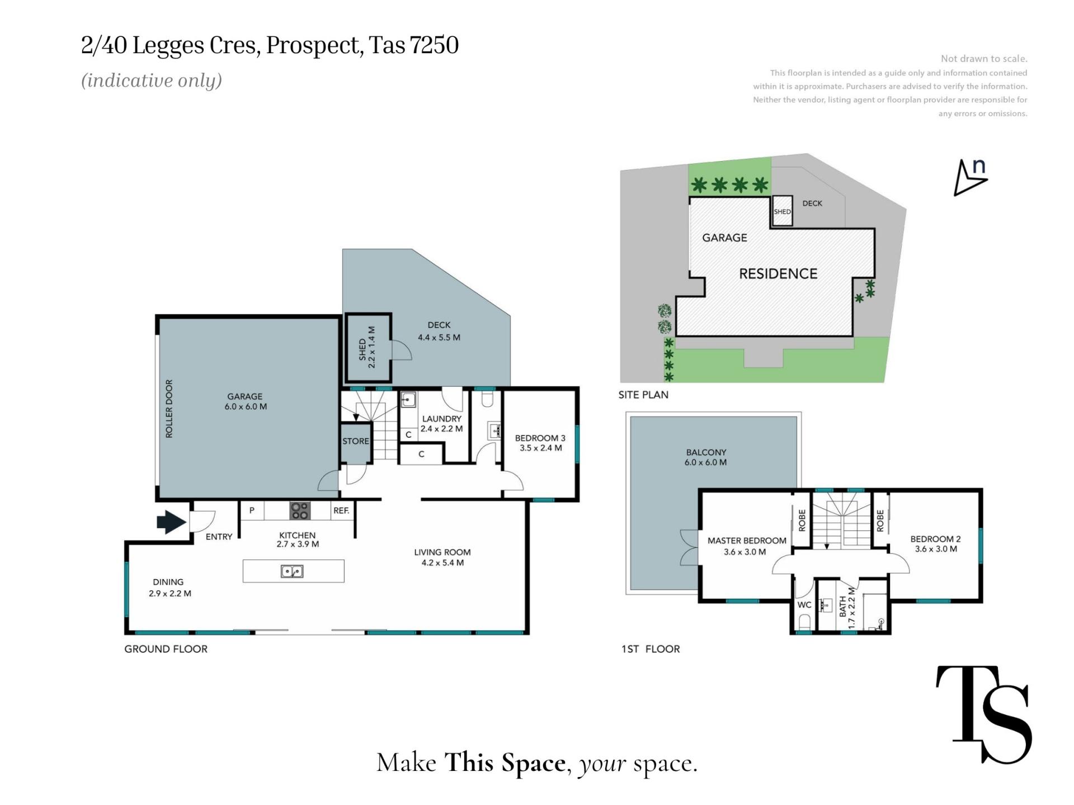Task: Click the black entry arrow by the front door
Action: tap(171, 522)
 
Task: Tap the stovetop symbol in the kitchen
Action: tap(300, 510)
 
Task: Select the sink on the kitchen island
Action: tap(292, 571)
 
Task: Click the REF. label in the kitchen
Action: tap(341, 510)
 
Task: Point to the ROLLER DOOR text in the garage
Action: tap(169, 409)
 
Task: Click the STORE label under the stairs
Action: tap(356, 441)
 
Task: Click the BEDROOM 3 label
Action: tap(540, 438)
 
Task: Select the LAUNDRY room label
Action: tap(442, 419)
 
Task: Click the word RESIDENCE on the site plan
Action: tap(778, 273)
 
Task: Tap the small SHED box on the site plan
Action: tap(782, 211)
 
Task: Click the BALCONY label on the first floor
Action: tap(706, 452)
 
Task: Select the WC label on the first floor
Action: tap(804, 605)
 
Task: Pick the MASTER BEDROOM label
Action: tap(747, 541)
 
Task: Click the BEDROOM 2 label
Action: tap(935, 539)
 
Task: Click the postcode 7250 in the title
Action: tap(434, 45)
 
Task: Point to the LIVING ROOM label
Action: tap(442, 552)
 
